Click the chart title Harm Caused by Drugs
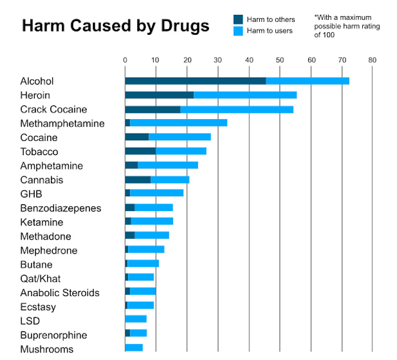coord(115,27)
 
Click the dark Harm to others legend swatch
coord(238,19)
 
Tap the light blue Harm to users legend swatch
coord(238,30)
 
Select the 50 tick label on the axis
coord(279,60)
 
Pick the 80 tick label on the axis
coord(372,60)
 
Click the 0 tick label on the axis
coord(125,60)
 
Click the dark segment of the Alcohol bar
coord(195,81)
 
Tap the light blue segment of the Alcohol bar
coord(307,81)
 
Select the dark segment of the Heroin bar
coord(159,95)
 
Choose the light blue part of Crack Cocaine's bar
coord(236,109)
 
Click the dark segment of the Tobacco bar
coord(140,151)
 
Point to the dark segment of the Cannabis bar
coord(138,180)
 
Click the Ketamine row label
coord(42,222)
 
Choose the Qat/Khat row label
coord(40,279)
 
